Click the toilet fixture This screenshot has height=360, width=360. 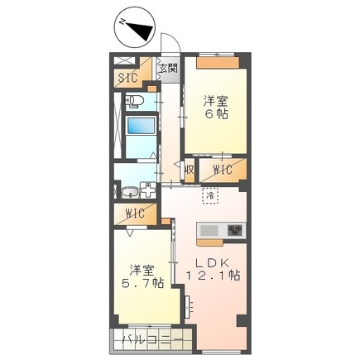tap(136, 102)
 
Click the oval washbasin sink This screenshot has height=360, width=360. tap(128, 193)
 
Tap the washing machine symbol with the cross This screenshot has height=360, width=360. tap(148, 190)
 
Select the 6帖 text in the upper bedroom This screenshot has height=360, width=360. tap(218, 117)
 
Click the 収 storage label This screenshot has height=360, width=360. tap(189, 170)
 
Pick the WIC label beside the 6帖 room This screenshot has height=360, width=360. tap(221, 170)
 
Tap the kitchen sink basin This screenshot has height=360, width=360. tap(209, 230)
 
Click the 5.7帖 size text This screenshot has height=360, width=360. tap(144, 283)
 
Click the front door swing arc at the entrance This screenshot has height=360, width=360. tap(170, 46)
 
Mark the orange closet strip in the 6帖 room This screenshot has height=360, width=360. tap(219, 61)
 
